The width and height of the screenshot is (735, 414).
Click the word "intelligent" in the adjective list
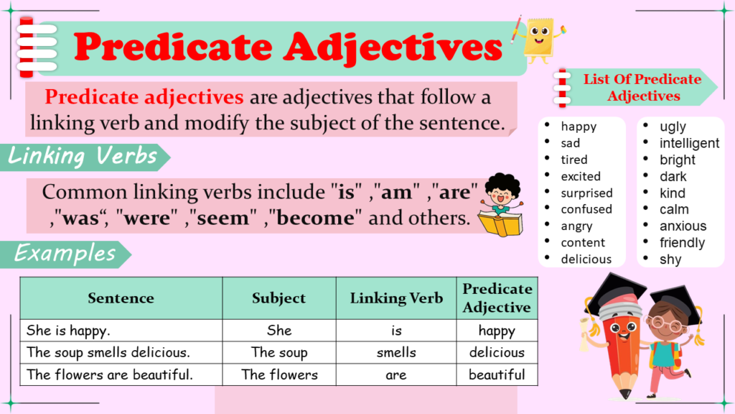click(689, 143)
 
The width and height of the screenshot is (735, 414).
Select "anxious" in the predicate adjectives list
click(683, 226)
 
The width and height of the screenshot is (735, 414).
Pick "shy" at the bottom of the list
click(670, 259)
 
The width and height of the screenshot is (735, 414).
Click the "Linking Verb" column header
click(396, 298)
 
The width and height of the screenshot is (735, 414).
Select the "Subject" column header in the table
click(279, 298)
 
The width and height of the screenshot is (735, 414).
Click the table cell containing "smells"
click(396, 352)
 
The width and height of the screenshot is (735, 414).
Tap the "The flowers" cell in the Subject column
click(279, 374)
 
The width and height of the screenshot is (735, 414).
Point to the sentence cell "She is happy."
click(121, 331)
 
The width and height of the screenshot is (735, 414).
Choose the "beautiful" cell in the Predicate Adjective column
click(497, 374)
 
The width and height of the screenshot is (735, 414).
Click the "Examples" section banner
click(65, 254)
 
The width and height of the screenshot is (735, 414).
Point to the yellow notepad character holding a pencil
click(539, 40)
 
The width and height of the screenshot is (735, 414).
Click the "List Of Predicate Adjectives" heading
click(642, 87)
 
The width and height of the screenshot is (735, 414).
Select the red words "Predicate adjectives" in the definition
click(144, 97)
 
